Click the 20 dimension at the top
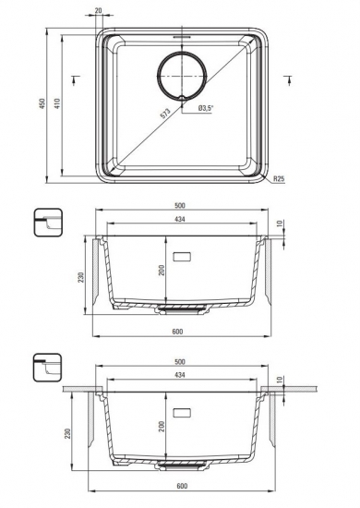click(x=99, y=10)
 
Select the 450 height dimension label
click(x=42, y=103)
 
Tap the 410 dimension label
click(x=57, y=103)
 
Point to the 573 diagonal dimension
click(x=165, y=113)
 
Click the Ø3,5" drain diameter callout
click(x=206, y=109)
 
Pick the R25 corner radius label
click(x=279, y=178)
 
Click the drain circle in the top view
click(x=182, y=76)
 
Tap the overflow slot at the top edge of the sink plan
click(x=182, y=37)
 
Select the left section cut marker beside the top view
click(x=75, y=79)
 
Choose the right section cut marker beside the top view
click(x=288, y=79)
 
